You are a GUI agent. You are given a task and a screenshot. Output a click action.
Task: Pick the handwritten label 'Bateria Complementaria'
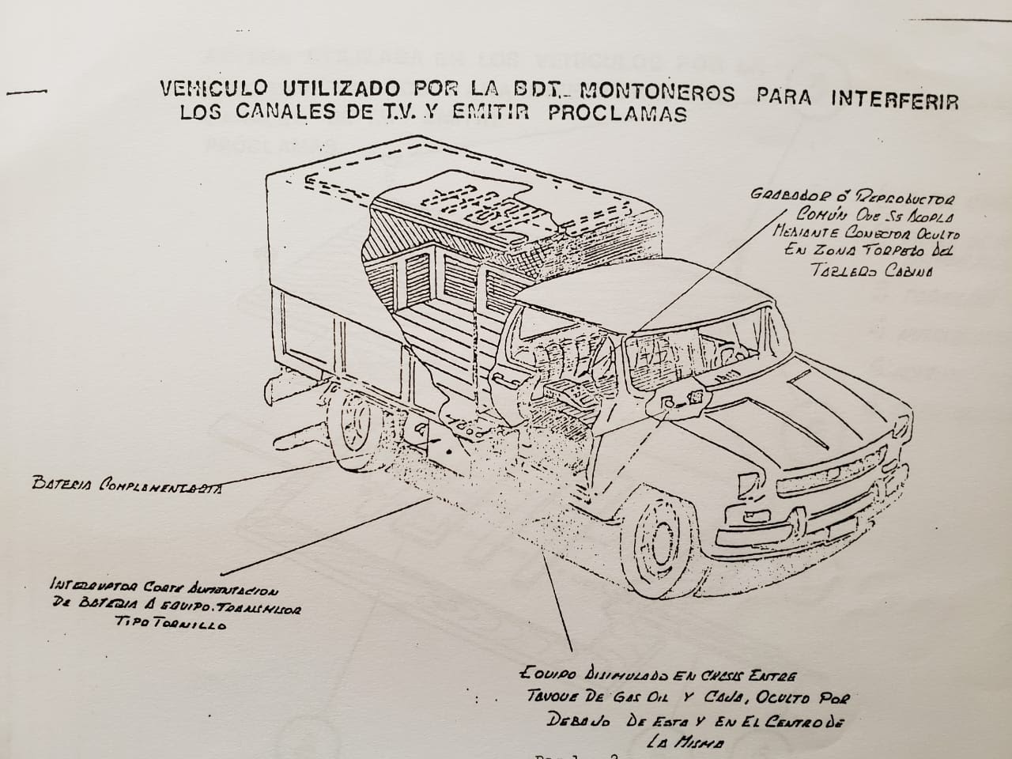coord(126,484)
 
